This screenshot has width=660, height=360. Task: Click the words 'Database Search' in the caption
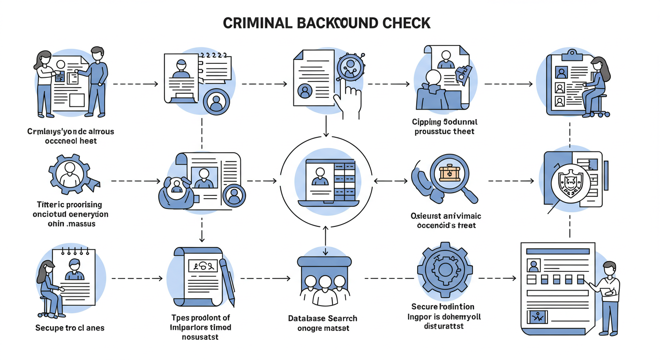pos(322,318)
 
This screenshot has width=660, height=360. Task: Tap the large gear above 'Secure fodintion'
pos(442,269)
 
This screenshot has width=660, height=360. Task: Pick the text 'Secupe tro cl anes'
pos(70,328)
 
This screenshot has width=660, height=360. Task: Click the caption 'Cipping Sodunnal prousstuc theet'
pos(444,127)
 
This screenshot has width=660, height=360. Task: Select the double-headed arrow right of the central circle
pos(391,180)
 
